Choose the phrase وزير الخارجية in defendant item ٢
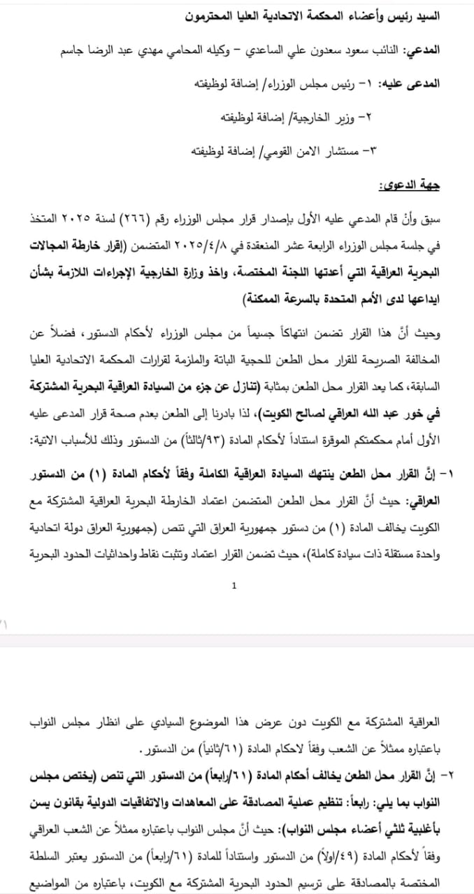pyautogui.click(x=319, y=117)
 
